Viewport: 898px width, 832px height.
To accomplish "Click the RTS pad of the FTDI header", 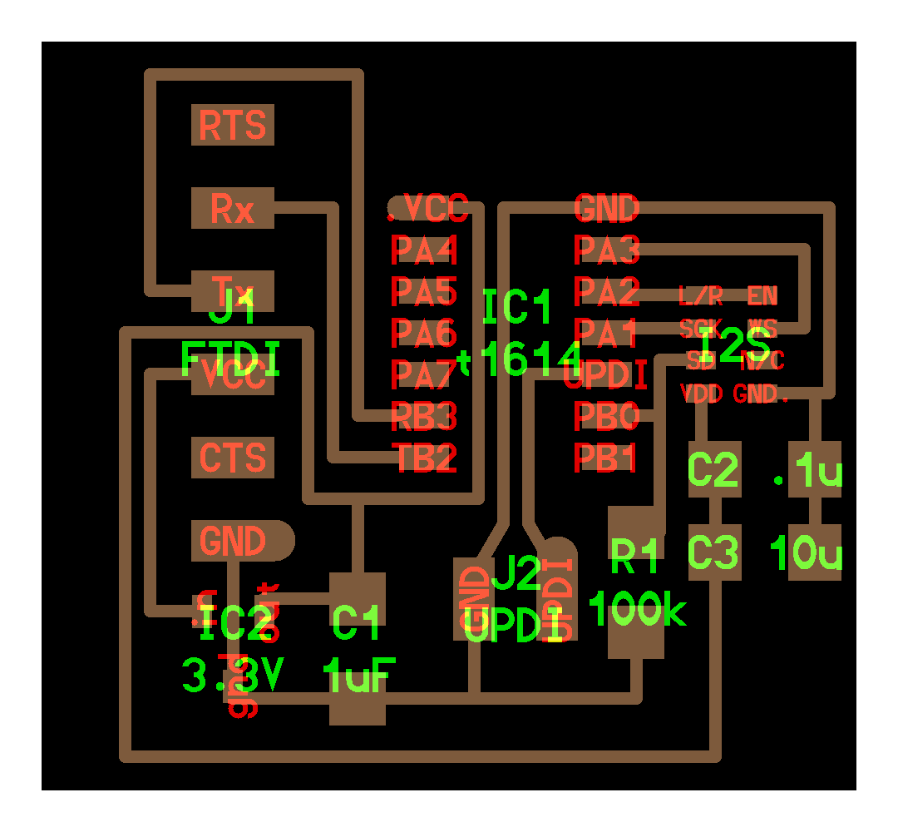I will coord(233,126).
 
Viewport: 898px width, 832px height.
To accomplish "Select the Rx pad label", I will coord(233,208).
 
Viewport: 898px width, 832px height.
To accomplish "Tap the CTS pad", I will coord(233,458).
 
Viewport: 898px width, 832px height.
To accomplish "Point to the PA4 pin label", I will coord(425,249).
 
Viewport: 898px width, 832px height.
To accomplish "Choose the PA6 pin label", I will coord(425,334).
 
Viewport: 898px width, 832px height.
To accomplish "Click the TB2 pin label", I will coord(425,458).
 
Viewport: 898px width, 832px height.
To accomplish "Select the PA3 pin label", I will coord(607,249).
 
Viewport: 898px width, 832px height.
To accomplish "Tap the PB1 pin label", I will coord(607,457).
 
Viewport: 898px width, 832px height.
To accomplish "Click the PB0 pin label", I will coord(607,415).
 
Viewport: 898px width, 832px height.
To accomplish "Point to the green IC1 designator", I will coord(517,309).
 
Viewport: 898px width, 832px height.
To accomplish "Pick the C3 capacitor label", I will coord(713,553).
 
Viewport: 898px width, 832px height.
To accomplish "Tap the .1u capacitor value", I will coord(808,473).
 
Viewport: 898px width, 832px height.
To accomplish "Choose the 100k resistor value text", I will coord(638,611).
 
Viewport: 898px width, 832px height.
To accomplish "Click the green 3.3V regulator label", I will coord(234,676).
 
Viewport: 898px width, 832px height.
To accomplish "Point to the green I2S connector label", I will coord(735,344).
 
